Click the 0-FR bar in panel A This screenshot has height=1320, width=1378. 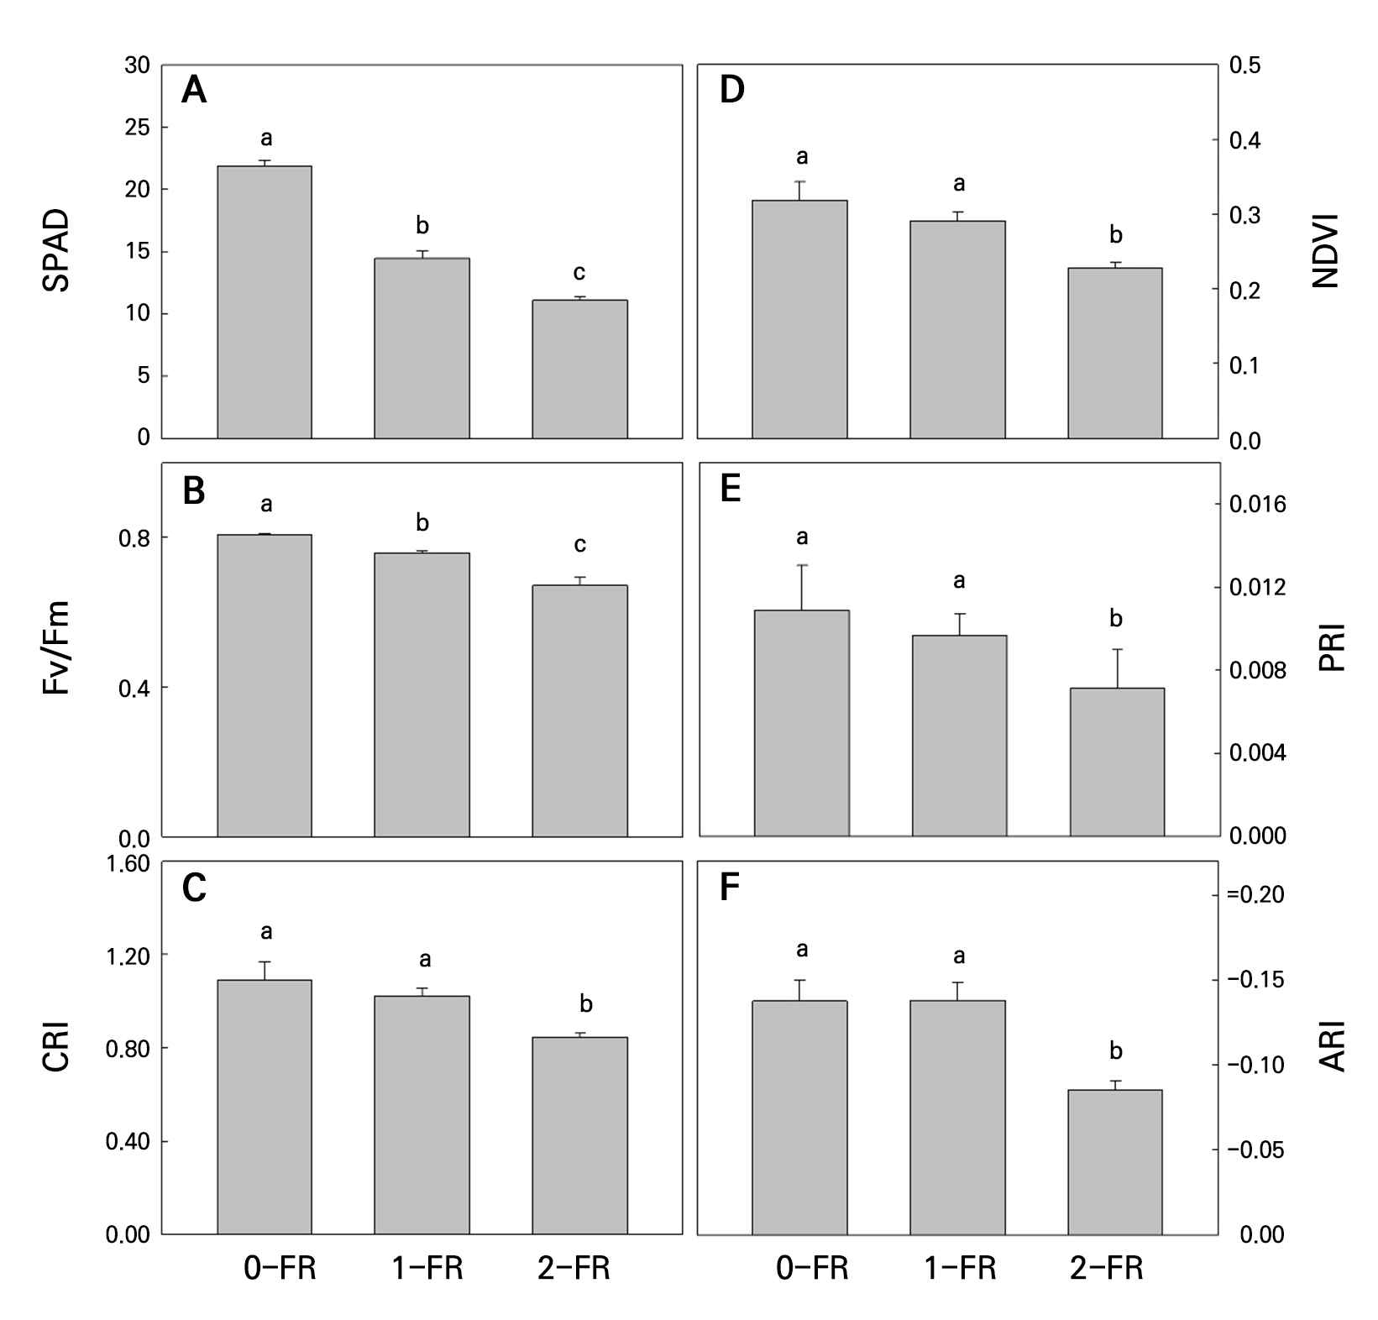pyautogui.click(x=265, y=301)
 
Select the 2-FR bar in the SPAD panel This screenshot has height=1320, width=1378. pyautogui.click(x=579, y=369)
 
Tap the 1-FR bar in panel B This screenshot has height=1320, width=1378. pyautogui.click(x=422, y=694)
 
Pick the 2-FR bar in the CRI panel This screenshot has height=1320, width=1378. pyautogui.click(x=579, y=1135)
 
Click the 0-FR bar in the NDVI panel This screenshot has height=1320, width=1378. pyautogui.click(x=799, y=319)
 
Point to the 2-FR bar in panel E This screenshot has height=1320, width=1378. pyautogui.click(x=1117, y=762)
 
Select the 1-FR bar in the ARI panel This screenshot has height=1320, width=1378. pyautogui.click(x=957, y=1117)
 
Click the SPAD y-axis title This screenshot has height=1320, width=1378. pyautogui.click(x=56, y=251)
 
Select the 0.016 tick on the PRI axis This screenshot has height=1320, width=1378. pyautogui.click(x=1257, y=504)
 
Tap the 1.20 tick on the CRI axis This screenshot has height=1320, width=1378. pyautogui.click(x=130, y=956)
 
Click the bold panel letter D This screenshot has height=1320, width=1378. pyautogui.click(x=732, y=90)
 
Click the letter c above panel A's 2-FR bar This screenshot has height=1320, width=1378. pyautogui.click(x=579, y=273)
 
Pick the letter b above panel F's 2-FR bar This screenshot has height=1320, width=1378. pyautogui.click(x=1116, y=1051)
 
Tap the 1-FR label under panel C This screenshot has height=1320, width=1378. pyautogui.click(x=427, y=1268)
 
